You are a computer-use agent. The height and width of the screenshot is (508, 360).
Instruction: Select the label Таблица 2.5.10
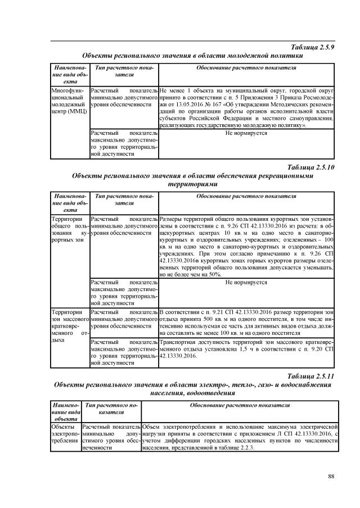coord(310,167)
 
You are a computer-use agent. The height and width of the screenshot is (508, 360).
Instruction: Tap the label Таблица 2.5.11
coord(310,376)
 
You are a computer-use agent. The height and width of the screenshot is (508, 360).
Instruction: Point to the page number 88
coord(331,477)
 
